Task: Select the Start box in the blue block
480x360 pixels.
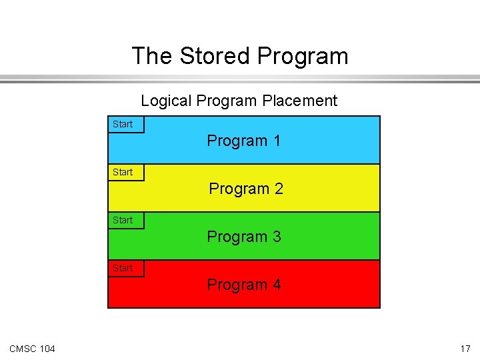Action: point(125,125)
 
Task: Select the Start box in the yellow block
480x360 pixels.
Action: point(125,173)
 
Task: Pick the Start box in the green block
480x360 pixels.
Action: point(125,221)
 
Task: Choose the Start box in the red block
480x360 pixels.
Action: point(125,269)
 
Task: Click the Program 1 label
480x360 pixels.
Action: point(243,141)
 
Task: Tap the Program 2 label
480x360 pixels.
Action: point(245,189)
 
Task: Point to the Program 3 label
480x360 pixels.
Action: point(243,237)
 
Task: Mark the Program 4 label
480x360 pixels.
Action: point(243,285)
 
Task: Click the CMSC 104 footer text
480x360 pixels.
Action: point(33,349)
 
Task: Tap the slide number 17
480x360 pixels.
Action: point(465,349)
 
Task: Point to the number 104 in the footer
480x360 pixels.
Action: point(47,349)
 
